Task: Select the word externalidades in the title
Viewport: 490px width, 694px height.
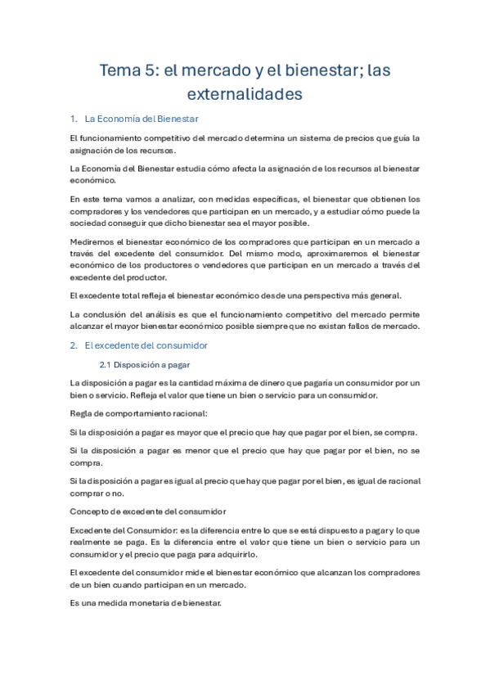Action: (245, 95)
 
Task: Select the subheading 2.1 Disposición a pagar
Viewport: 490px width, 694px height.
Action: (145, 364)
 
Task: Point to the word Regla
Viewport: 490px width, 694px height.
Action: (83, 413)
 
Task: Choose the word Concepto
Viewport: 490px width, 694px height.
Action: (92, 511)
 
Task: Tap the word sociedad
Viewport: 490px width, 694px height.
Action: (92, 223)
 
